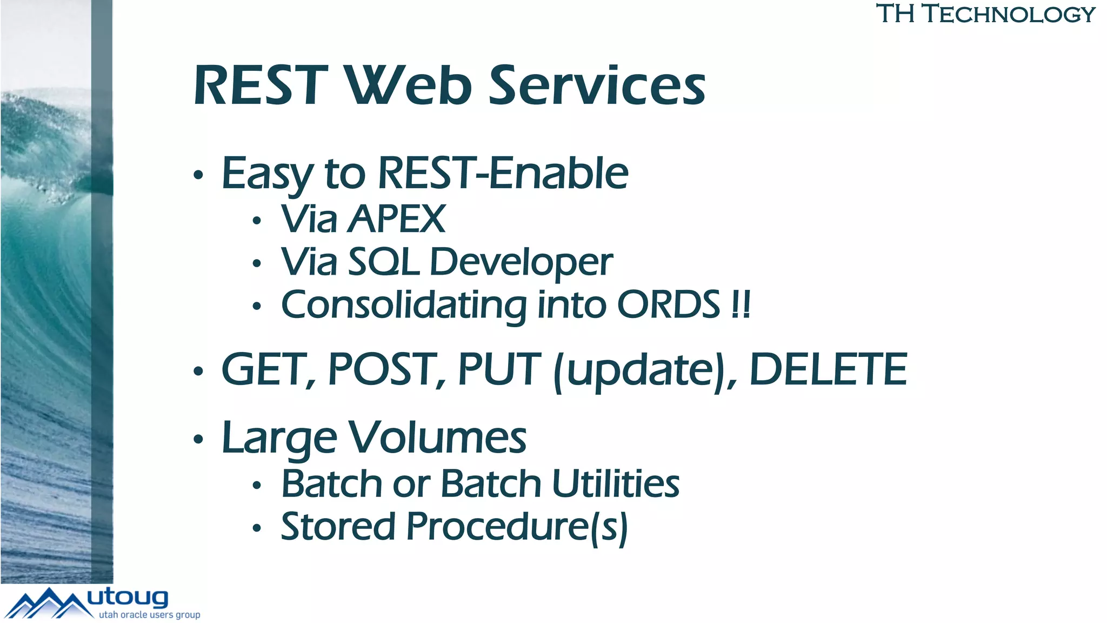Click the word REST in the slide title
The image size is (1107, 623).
pos(261,85)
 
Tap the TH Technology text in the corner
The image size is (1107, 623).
pos(985,14)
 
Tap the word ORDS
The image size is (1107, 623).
pos(669,305)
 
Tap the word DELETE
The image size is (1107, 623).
pos(828,370)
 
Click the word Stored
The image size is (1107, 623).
pos(338,527)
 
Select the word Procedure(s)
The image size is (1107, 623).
pos(517,528)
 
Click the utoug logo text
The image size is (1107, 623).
pos(128,598)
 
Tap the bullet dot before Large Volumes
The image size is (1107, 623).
pos(198,439)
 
